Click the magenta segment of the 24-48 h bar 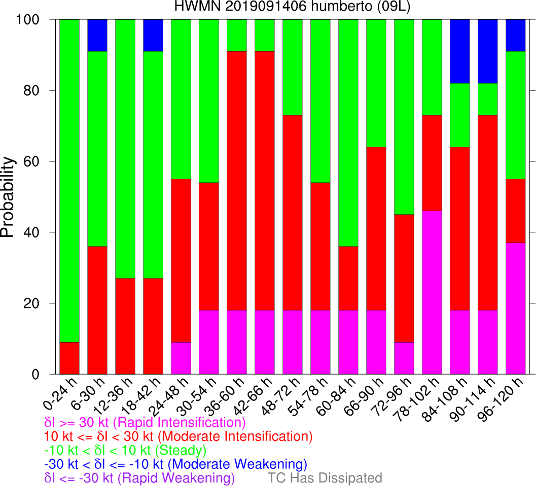(181, 358)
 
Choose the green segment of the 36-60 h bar (237, 35)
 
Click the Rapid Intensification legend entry (145, 422)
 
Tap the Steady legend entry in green (125, 450)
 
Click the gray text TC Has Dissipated (325, 478)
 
